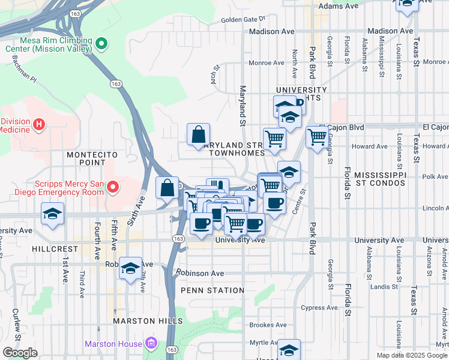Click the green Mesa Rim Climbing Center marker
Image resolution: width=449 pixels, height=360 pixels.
pyautogui.click(x=101, y=43)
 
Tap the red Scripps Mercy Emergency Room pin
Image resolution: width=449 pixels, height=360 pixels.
pyautogui.click(x=112, y=188)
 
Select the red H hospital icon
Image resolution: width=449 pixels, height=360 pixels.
pyautogui.click(x=39, y=124)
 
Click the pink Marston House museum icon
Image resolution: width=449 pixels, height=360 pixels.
pyautogui.click(x=151, y=344)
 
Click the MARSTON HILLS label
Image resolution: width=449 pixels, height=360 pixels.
pyautogui.click(x=142, y=321)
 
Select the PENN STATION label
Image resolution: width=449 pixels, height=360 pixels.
pyautogui.click(x=212, y=290)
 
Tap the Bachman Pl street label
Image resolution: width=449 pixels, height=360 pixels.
pyautogui.click(x=23, y=70)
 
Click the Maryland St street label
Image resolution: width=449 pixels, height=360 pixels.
pyautogui.click(x=243, y=106)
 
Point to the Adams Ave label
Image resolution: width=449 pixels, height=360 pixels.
pyautogui.click(x=338, y=5)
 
